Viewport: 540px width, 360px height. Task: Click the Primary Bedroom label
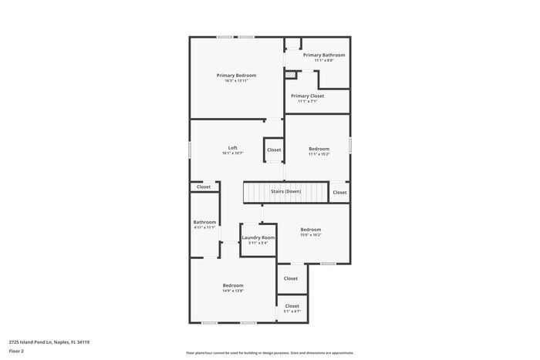point(236,75)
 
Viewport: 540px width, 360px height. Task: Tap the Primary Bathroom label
point(324,55)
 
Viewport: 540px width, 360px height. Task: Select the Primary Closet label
point(307,96)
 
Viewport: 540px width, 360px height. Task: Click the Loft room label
point(232,147)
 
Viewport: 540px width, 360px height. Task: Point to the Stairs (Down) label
point(285,191)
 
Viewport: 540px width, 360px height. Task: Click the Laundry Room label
point(258,237)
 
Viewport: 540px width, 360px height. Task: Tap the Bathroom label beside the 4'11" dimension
point(204,222)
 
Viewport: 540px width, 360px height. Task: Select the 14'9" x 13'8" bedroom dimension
point(233,291)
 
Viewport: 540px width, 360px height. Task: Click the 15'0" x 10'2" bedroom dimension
point(311,235)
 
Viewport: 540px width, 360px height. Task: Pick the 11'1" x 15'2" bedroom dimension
point(319,154)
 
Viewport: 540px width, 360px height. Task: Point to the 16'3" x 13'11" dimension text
point(236,81)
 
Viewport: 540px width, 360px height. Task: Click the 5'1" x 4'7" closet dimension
point(292,311)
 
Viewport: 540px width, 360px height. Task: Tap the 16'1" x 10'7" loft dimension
point(232,153)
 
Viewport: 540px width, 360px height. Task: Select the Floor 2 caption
point(17,352)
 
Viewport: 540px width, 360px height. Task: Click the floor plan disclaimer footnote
point(269,352)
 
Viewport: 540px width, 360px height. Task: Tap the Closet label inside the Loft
point(274,150)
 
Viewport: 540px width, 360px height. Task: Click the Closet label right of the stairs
point(339,192)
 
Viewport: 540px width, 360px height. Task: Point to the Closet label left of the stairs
point(204,187)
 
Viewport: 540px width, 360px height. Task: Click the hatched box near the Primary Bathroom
point(291,76)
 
